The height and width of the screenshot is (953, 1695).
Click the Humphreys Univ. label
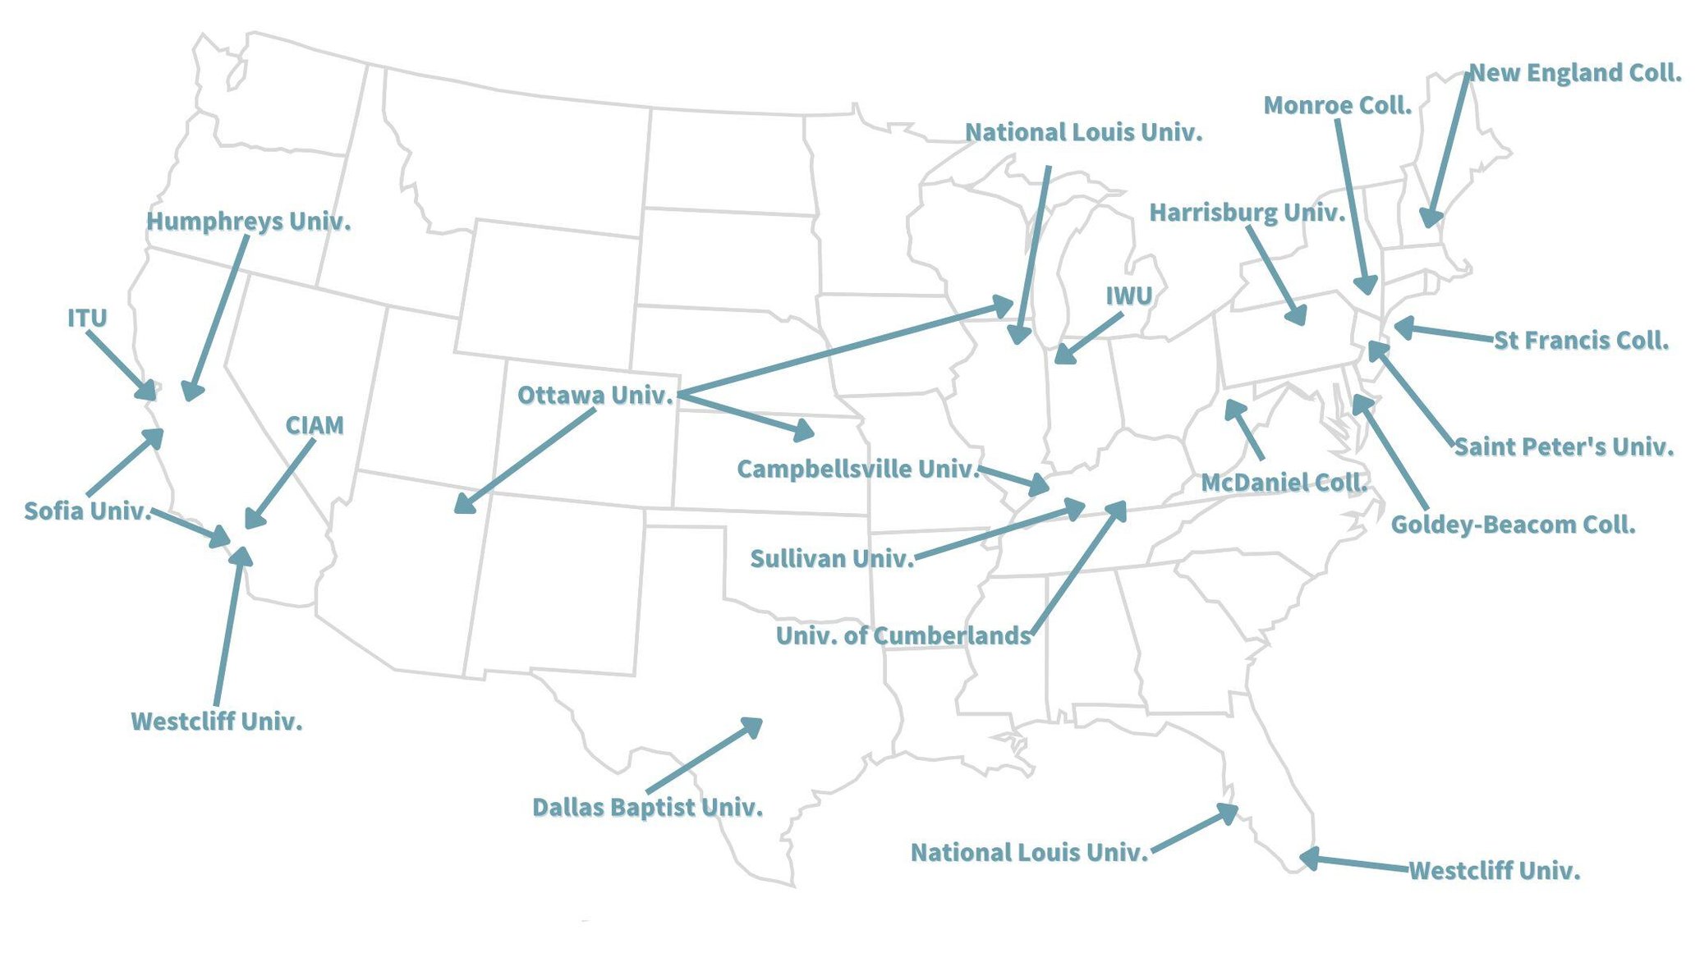point(248,222)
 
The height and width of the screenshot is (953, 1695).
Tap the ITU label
point(87,318)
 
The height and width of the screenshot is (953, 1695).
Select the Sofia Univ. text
point(87,511)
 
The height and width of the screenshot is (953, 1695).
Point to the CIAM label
point(314,426)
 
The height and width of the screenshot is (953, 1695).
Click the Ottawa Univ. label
point(595,396)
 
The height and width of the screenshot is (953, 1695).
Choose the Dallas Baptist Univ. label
point(647,808)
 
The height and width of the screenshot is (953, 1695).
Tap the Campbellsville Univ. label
point(857,470)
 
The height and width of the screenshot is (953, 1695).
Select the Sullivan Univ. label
point(831,559)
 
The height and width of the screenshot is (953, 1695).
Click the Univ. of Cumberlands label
point(903,636)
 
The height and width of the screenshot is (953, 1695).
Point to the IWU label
point(1128,296)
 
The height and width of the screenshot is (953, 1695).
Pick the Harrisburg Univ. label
point(1247,213)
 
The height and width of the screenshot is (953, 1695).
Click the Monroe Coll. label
point(1337,106)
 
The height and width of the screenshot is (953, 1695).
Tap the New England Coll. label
point(1574,73)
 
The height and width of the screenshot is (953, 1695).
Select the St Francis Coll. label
point(1580,341)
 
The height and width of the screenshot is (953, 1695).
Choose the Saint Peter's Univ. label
point(1564,447)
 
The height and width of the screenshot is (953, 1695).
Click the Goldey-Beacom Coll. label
point(1513,525)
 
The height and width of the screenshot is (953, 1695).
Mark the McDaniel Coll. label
point(1283,483)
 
